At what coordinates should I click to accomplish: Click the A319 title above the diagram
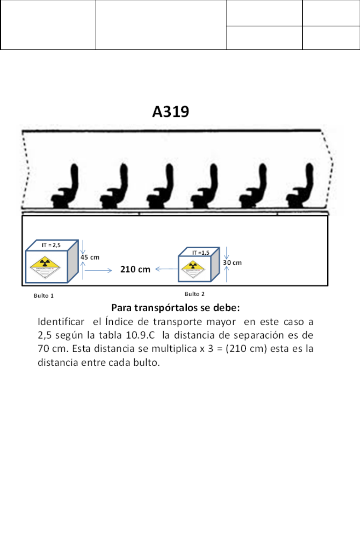(x=171, y=112)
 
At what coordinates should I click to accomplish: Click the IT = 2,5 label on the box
(x=51, y=245)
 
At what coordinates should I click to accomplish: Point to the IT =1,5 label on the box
(x=200, y=253)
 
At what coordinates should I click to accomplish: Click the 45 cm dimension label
(x=90, y=257)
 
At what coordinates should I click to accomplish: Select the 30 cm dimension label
(x=232, y=263)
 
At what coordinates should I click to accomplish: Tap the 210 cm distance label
(x=135, y=270)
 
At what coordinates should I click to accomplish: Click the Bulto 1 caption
(x=44, y=296)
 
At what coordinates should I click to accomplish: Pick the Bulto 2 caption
(x=195, y=294)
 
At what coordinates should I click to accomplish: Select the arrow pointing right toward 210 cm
(x=98, y=270)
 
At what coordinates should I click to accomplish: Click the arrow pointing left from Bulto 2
(x=167, y=269)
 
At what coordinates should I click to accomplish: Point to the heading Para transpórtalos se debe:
(x=176, y=308)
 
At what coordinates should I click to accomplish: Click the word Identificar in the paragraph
(x=61, y=322)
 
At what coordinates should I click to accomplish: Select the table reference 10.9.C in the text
(x=140, y=335)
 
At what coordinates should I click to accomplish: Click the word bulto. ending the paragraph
(x=147, y=362)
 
